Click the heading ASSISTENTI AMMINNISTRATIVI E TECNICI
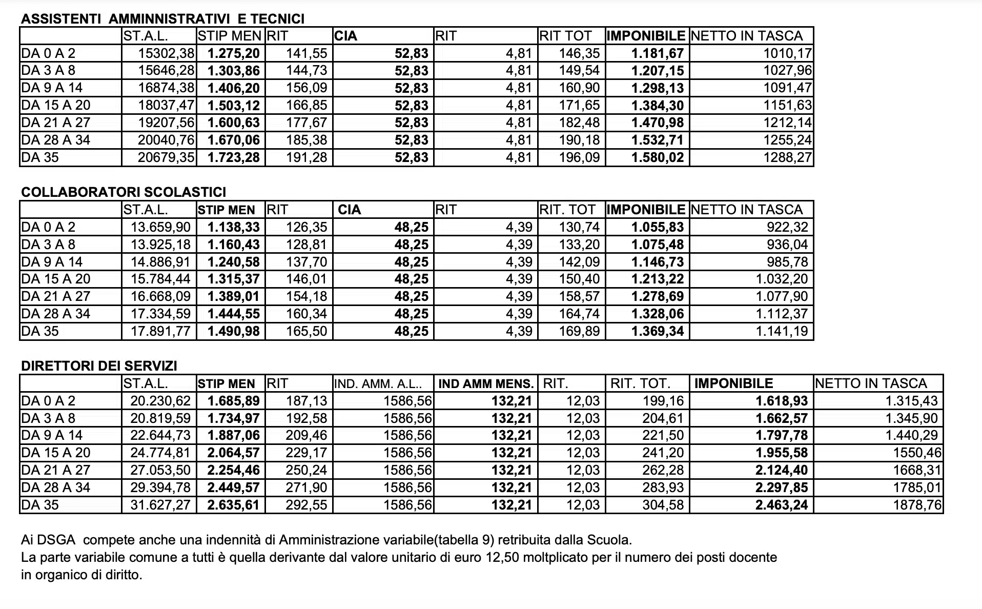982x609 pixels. (162, 19)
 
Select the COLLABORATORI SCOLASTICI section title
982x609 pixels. (124, 192)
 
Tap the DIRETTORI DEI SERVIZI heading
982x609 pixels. (99, 366)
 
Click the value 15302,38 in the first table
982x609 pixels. (166, 53)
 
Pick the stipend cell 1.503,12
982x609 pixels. (234, 106)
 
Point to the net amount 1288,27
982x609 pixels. (787, 157)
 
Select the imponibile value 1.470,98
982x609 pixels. (658, 123)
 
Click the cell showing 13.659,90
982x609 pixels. (160, 227)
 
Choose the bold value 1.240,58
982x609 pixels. (234, 262)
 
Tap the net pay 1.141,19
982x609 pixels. (782, 331)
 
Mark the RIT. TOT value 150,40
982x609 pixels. (579, 279)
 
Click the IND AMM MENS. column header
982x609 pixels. (486, 384)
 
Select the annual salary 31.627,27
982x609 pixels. (160, 505)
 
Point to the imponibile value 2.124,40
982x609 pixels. (782, 470)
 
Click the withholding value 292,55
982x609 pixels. (306, 505)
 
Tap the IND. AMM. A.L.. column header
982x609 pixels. (378, 384)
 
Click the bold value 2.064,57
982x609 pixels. (234, 453)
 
